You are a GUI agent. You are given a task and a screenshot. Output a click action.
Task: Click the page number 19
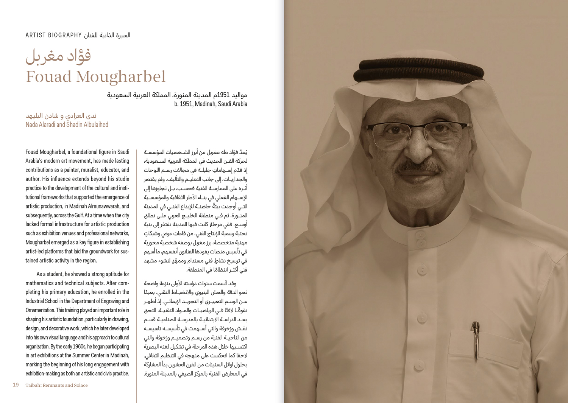tap(16, 385)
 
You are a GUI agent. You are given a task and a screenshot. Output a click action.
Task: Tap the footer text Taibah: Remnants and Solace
tap(56, 385)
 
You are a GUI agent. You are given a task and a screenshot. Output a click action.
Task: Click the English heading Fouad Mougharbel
tap(95, 77)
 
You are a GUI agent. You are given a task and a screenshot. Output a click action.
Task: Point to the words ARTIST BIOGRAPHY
tap(53, 35)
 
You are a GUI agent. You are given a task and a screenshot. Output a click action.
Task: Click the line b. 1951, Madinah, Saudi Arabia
tap(211, 104)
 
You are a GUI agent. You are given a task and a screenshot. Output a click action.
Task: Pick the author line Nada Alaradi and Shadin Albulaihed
tap(67, 124)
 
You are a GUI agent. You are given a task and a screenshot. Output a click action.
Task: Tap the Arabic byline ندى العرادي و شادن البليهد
tap(61, 115)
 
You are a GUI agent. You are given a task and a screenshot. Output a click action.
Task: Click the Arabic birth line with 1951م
tap(177, 95)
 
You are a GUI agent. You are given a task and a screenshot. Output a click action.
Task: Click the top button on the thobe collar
tap(420, 236)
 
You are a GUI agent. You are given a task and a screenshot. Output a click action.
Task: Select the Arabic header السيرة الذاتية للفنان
tap(107, 35)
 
